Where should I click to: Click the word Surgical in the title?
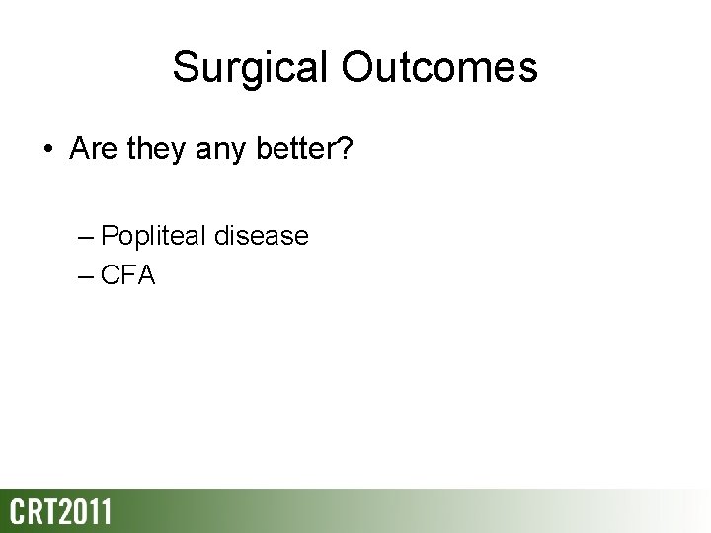(252, 68)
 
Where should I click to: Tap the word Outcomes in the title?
(439, 68)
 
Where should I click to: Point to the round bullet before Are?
(48, 151)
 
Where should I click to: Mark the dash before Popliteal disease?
(85, 237)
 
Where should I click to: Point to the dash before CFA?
(85, 276)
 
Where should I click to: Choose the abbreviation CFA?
(128, 275)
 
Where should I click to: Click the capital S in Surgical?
(185, 68)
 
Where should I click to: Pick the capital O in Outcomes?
(361, 68)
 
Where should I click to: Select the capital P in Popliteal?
(110, 236)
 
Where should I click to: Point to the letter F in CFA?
(129, 275)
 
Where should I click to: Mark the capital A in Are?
(78, 149)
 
